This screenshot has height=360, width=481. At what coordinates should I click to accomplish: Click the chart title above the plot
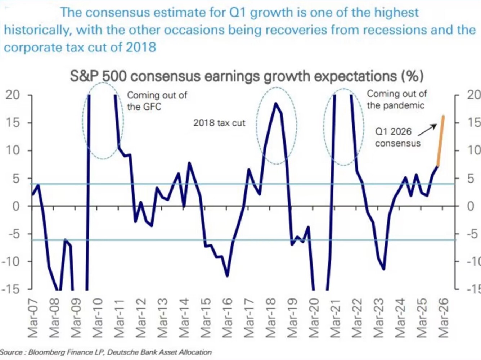tap(247, 76)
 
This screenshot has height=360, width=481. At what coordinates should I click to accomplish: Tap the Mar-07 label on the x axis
tap(33, 318)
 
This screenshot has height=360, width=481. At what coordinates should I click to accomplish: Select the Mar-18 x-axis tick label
tap(270, 318)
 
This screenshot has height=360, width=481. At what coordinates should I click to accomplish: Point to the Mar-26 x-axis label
tap(443, 318)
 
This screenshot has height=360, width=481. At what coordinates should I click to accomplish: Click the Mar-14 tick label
tap(184, 318)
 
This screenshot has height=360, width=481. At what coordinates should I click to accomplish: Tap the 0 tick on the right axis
tap(471, 206)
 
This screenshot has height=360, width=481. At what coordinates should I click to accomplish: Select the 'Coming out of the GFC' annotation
tap(157, 101)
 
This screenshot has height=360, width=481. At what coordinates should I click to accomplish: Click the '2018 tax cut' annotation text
tap(219, 123)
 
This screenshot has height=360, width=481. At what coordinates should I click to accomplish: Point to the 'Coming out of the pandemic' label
tap(396, 99)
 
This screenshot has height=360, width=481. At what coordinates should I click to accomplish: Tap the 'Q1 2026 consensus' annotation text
tap(397, 137)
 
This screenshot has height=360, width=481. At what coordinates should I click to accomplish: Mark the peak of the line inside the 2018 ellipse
tap(276, 104)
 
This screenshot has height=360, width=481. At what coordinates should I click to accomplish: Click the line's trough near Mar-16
tap(227, 276)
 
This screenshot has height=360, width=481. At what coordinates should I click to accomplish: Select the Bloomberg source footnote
tap(106, 352)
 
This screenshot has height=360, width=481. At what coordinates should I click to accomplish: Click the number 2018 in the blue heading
tap(141, 47)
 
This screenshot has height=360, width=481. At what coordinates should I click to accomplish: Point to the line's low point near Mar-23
tap(384, 269)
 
